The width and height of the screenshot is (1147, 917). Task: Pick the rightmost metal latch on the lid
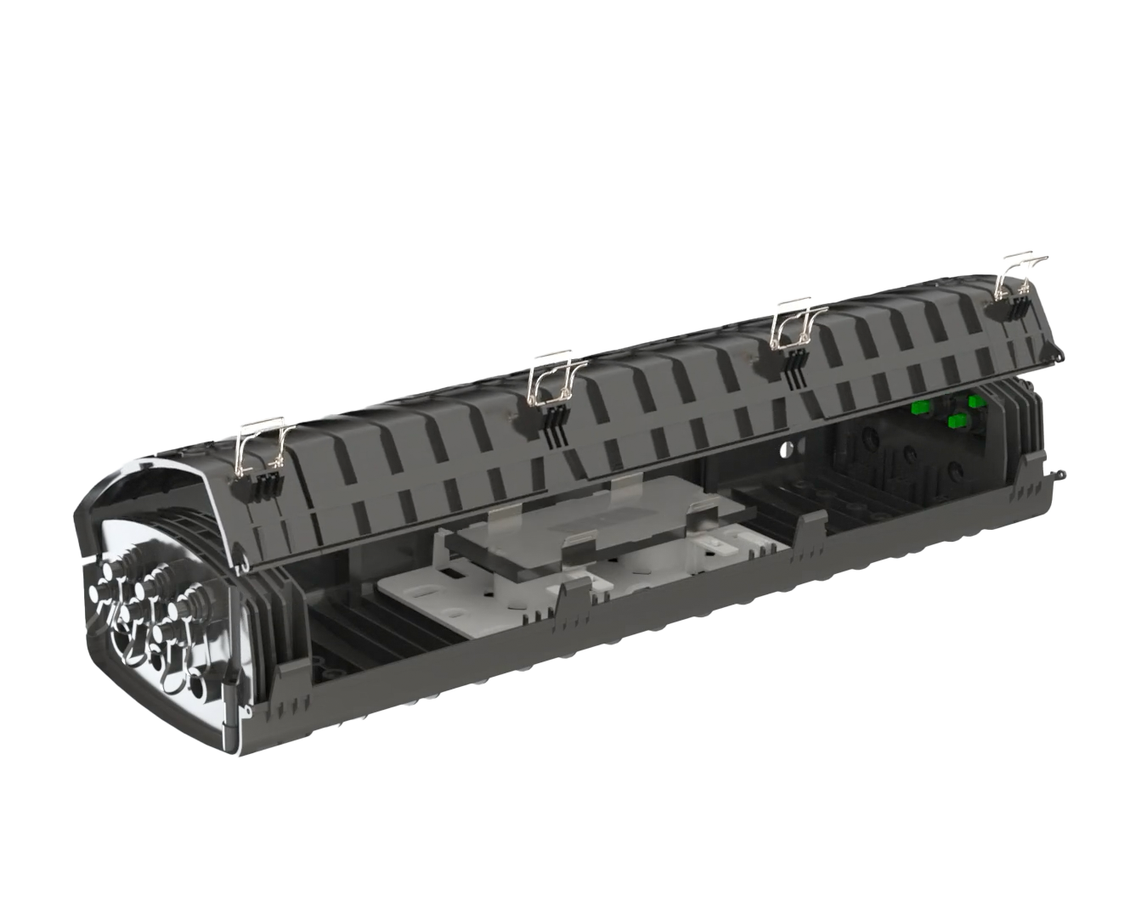tap(1023, 273)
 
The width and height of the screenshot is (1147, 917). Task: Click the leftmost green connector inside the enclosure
tap(918, 408)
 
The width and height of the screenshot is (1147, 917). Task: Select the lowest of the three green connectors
tap(956, 420)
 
